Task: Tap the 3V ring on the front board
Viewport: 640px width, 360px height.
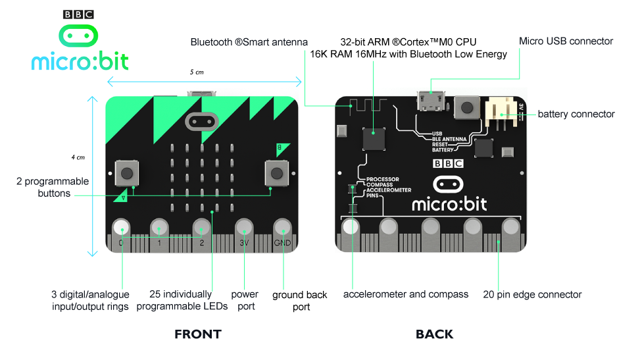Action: (243, 228)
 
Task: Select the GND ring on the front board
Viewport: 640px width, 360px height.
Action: (282, 228)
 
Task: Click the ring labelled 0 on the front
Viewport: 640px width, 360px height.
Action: (121, 228)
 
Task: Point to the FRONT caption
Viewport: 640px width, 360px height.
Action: (197, 334)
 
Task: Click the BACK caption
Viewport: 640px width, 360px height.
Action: (434, 334)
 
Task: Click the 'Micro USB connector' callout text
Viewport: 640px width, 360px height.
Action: (566, 41)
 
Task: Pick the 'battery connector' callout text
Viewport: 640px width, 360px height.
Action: (576, 114)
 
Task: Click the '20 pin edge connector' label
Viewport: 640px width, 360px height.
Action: (532, 294)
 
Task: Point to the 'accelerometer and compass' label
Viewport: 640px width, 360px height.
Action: (406, 294)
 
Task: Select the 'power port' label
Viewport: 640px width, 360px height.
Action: (245, 300)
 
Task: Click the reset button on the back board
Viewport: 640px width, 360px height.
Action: (466, 107)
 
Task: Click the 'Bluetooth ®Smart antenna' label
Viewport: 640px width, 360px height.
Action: (249, 42)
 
